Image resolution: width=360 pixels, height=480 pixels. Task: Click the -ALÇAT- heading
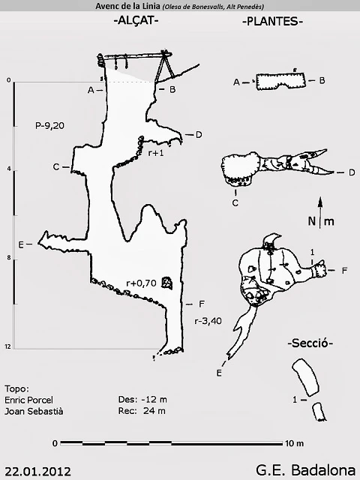(136, 21)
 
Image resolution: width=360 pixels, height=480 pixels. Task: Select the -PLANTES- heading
(272, 22)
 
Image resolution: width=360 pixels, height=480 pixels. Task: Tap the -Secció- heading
(310, 343)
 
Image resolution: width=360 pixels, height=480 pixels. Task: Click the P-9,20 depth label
(50, 125)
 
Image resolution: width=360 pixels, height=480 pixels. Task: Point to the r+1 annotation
(156, 153)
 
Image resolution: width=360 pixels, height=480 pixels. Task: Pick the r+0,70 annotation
(142, 283)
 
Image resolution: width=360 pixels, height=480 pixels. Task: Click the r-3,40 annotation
(208, 321)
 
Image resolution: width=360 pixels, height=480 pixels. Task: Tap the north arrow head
(320, 202)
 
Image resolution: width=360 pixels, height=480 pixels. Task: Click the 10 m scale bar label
(295, 443)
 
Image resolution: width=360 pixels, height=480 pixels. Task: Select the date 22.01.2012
(38, 471)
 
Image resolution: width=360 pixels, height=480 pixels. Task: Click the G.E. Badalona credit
(306, 470)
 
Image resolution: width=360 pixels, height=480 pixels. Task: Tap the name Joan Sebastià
(34, 411)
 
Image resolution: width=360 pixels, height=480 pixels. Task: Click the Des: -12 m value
(142, 399)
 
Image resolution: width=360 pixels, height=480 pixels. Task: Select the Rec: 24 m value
(142, 410)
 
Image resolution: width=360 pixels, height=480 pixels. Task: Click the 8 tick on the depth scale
(9, 258)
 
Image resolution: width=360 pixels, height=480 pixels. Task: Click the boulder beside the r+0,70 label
(166, 283)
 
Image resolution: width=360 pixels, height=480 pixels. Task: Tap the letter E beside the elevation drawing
(21, 245)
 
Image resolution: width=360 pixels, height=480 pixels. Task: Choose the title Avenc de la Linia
(127, 6)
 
